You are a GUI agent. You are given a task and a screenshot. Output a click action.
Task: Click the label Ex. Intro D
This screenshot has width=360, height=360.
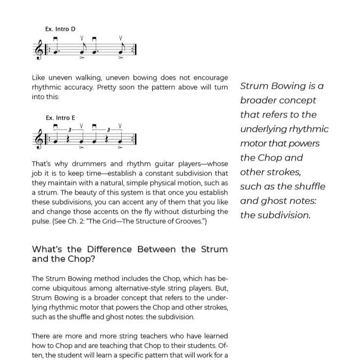click(60, 29)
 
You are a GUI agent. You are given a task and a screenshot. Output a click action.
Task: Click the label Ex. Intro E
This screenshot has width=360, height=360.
click(60, 118)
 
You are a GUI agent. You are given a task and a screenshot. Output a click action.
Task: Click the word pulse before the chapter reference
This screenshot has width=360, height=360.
click(40, 221)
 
